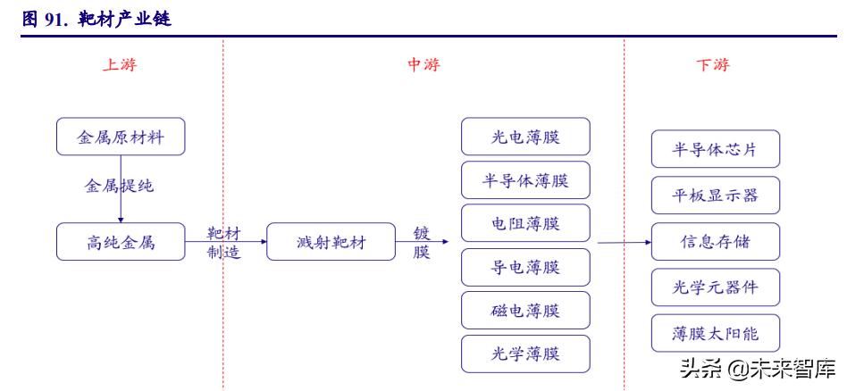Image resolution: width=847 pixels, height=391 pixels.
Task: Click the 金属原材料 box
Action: tap(120, 137)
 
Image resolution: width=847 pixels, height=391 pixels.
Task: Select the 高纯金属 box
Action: tap(120, 242)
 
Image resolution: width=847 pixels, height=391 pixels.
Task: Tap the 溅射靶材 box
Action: tap(331, 242)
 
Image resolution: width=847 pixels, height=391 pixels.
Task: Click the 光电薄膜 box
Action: tap(525, 137)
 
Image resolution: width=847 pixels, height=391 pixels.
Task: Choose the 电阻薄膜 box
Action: tap(525, 223)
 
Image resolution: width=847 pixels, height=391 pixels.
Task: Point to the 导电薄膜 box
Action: tap(525, 267)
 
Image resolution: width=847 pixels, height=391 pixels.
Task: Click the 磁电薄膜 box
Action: tap(525, 310)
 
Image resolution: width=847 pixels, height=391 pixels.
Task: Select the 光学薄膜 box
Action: tap(525, 354)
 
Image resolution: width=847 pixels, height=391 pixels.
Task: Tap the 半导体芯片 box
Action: tap(716, 149)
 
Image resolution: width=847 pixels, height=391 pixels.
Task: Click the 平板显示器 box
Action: tap(716, 195)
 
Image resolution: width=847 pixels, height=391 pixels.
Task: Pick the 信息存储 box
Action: tap(716, 242)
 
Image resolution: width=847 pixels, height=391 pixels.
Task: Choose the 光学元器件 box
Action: tap(716, 287)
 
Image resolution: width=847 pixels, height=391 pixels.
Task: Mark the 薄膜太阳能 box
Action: tap(716, 333)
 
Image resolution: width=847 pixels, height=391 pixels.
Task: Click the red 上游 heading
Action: tap(120, 65)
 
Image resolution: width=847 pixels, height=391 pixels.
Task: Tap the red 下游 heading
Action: tap(712, 65)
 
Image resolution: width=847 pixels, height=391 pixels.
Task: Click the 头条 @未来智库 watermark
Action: tap(758, 368)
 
